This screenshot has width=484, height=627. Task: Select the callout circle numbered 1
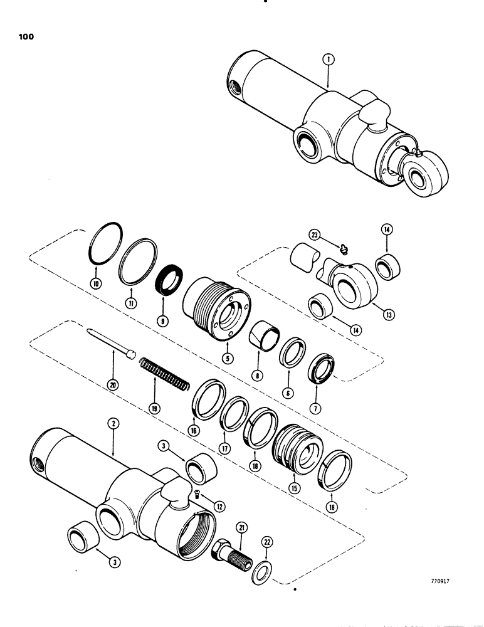[328, 60]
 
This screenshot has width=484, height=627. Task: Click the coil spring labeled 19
[162, 374]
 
